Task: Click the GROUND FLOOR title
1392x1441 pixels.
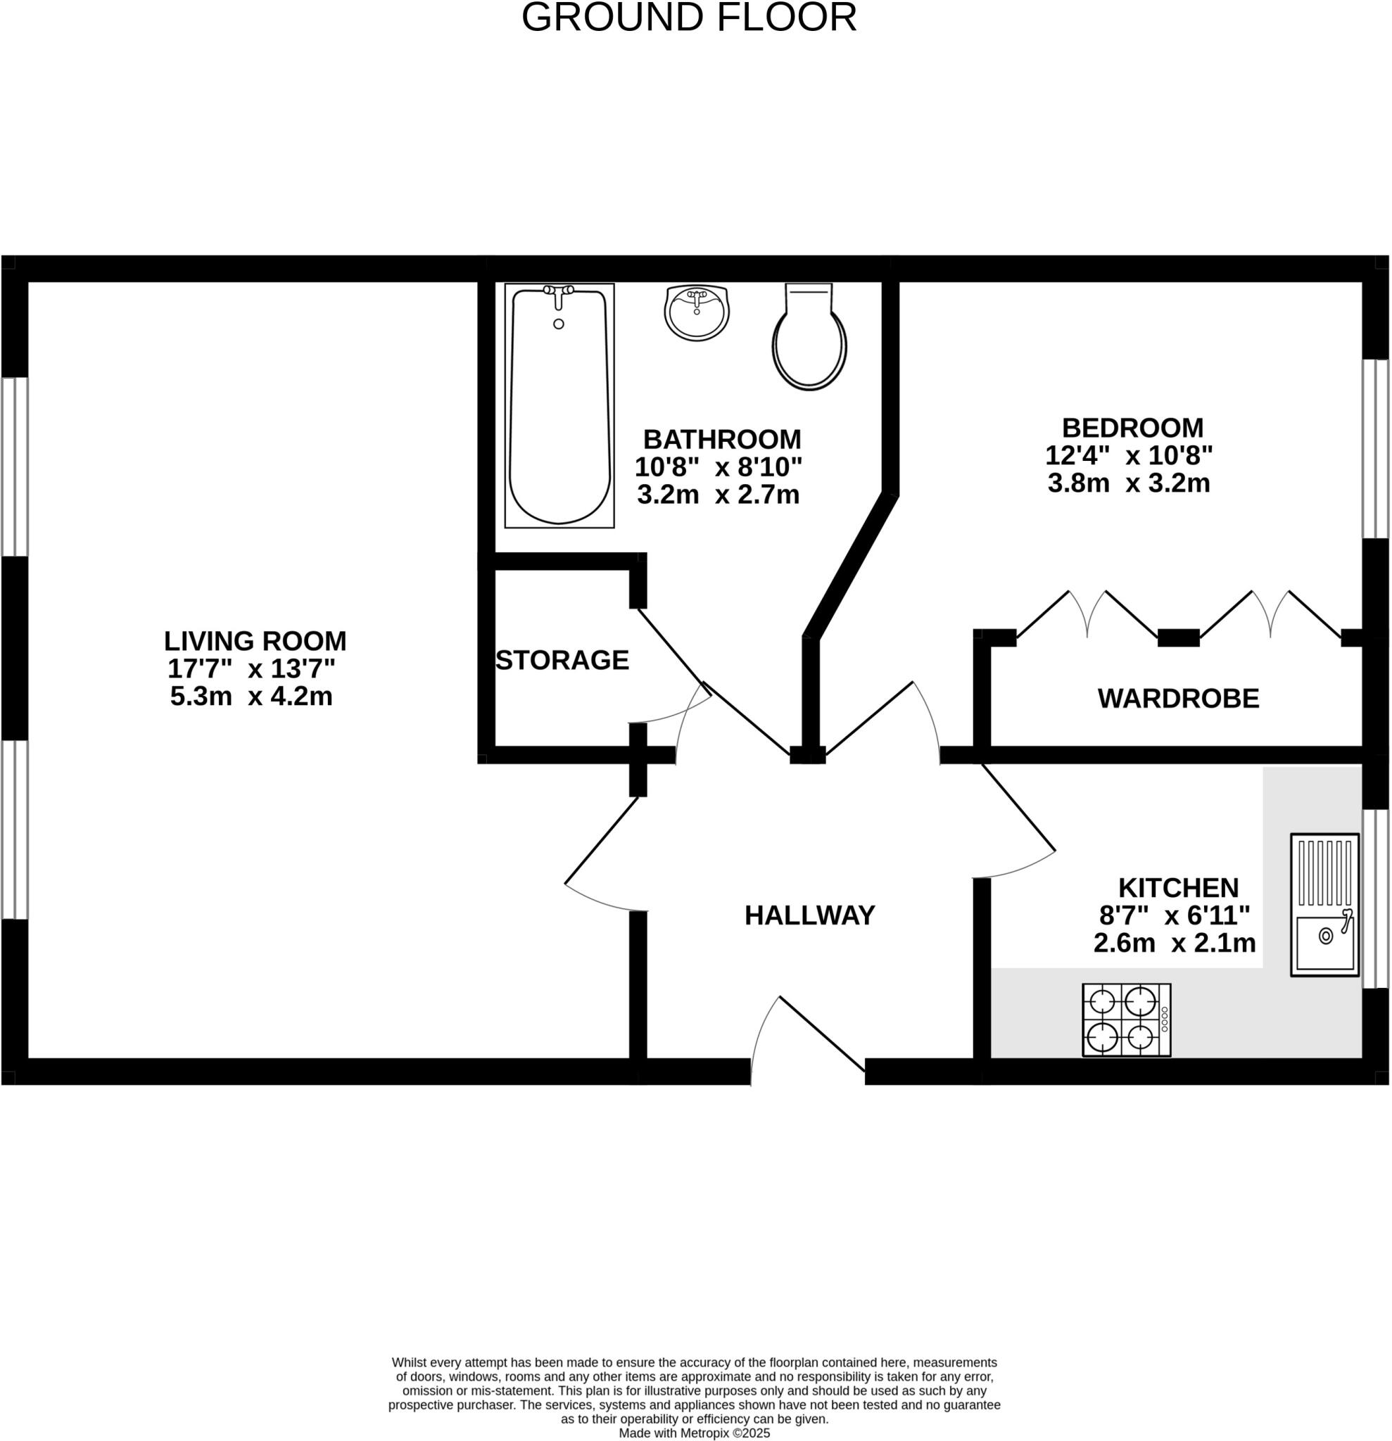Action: (x=689, y=18)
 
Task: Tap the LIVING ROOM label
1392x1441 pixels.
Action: (x=255, y=641)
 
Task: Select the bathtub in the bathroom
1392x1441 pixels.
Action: (x=559, y=406)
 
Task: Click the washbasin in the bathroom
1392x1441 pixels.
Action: (x=697, y=312)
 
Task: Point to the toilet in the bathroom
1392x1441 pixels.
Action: (x=809, y=338)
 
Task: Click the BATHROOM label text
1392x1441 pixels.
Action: (x=721, y=440)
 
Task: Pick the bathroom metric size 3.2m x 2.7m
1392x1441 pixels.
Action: (x=718, y=495)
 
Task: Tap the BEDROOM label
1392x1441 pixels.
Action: (x=1132, y=428)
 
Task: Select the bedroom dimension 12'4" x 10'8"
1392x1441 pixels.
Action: (x=1128, y=456)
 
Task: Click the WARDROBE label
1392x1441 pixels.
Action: (x=1178, y=699)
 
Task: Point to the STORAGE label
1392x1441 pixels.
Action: (x=562, y=660)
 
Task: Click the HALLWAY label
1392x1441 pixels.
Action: (x=809, y=916)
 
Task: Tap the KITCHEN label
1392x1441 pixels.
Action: (x=1178, y=888)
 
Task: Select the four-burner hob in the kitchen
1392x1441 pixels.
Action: (x=1126, y=1020)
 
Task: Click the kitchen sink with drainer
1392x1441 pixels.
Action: (x=1324, y=904)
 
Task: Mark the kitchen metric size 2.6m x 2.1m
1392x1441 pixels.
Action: (x=1175, y=944)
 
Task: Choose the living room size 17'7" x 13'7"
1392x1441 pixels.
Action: (x=251, y=669)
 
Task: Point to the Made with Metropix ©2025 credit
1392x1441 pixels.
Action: (x=694, y=1433)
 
